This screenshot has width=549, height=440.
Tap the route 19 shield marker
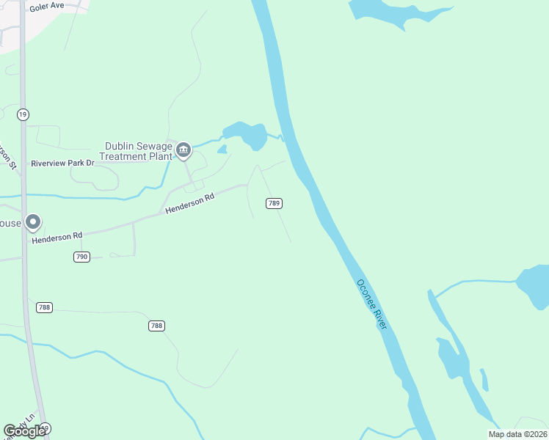coord(23,114)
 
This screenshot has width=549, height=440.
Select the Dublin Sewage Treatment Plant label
coord(138,151)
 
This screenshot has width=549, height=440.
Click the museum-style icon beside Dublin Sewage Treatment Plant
coord(183,151)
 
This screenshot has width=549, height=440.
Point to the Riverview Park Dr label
coord(62,163)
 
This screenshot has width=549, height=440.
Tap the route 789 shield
coord(274,203)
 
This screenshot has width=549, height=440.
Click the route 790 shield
coord(81,257)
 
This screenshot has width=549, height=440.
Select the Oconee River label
coord(371,303)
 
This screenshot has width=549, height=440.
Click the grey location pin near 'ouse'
coord(32,221)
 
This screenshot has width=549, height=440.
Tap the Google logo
coord(25,431)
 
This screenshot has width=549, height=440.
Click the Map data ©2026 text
coord(517,434)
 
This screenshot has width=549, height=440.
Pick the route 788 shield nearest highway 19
coord(44,307)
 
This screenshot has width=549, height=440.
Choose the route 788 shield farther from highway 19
coord(156,326)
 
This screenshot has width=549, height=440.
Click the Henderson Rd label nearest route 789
coord(189,203)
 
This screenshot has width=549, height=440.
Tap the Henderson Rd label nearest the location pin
coord(57,236)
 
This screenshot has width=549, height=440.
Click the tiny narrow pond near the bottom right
coord(484,380)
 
